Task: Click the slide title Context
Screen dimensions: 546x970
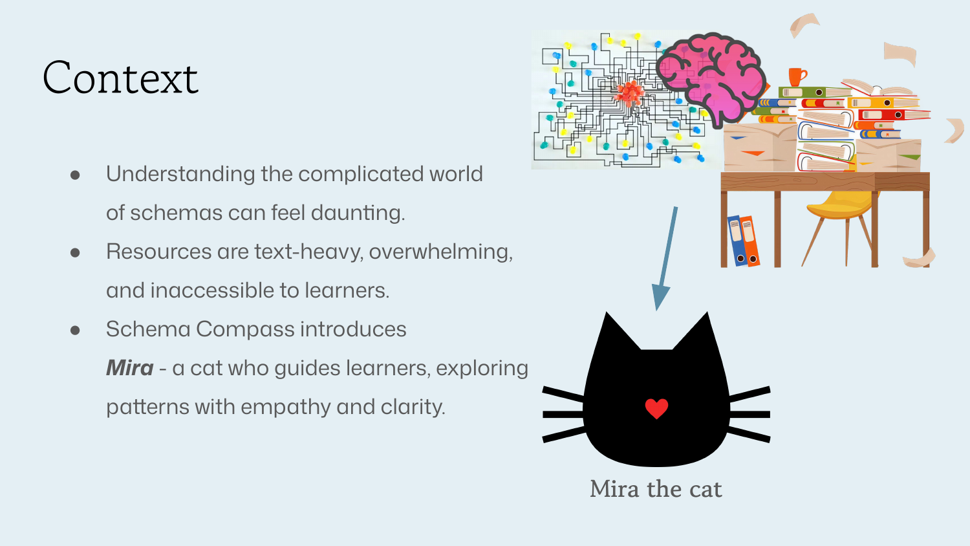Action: click(120, 78)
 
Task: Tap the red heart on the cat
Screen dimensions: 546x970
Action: click(656, 408)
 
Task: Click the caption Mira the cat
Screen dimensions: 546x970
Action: click(656, 489)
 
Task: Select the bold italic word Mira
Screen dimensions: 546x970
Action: click(129, 368)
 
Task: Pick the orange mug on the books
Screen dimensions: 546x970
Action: click(797, 76)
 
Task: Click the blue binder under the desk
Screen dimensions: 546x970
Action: click(737, 241)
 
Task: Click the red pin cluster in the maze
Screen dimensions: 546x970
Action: click(629, 94)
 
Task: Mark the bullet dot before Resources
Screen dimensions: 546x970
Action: click(75, 252)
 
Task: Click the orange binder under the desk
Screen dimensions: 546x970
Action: click(750, 241)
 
